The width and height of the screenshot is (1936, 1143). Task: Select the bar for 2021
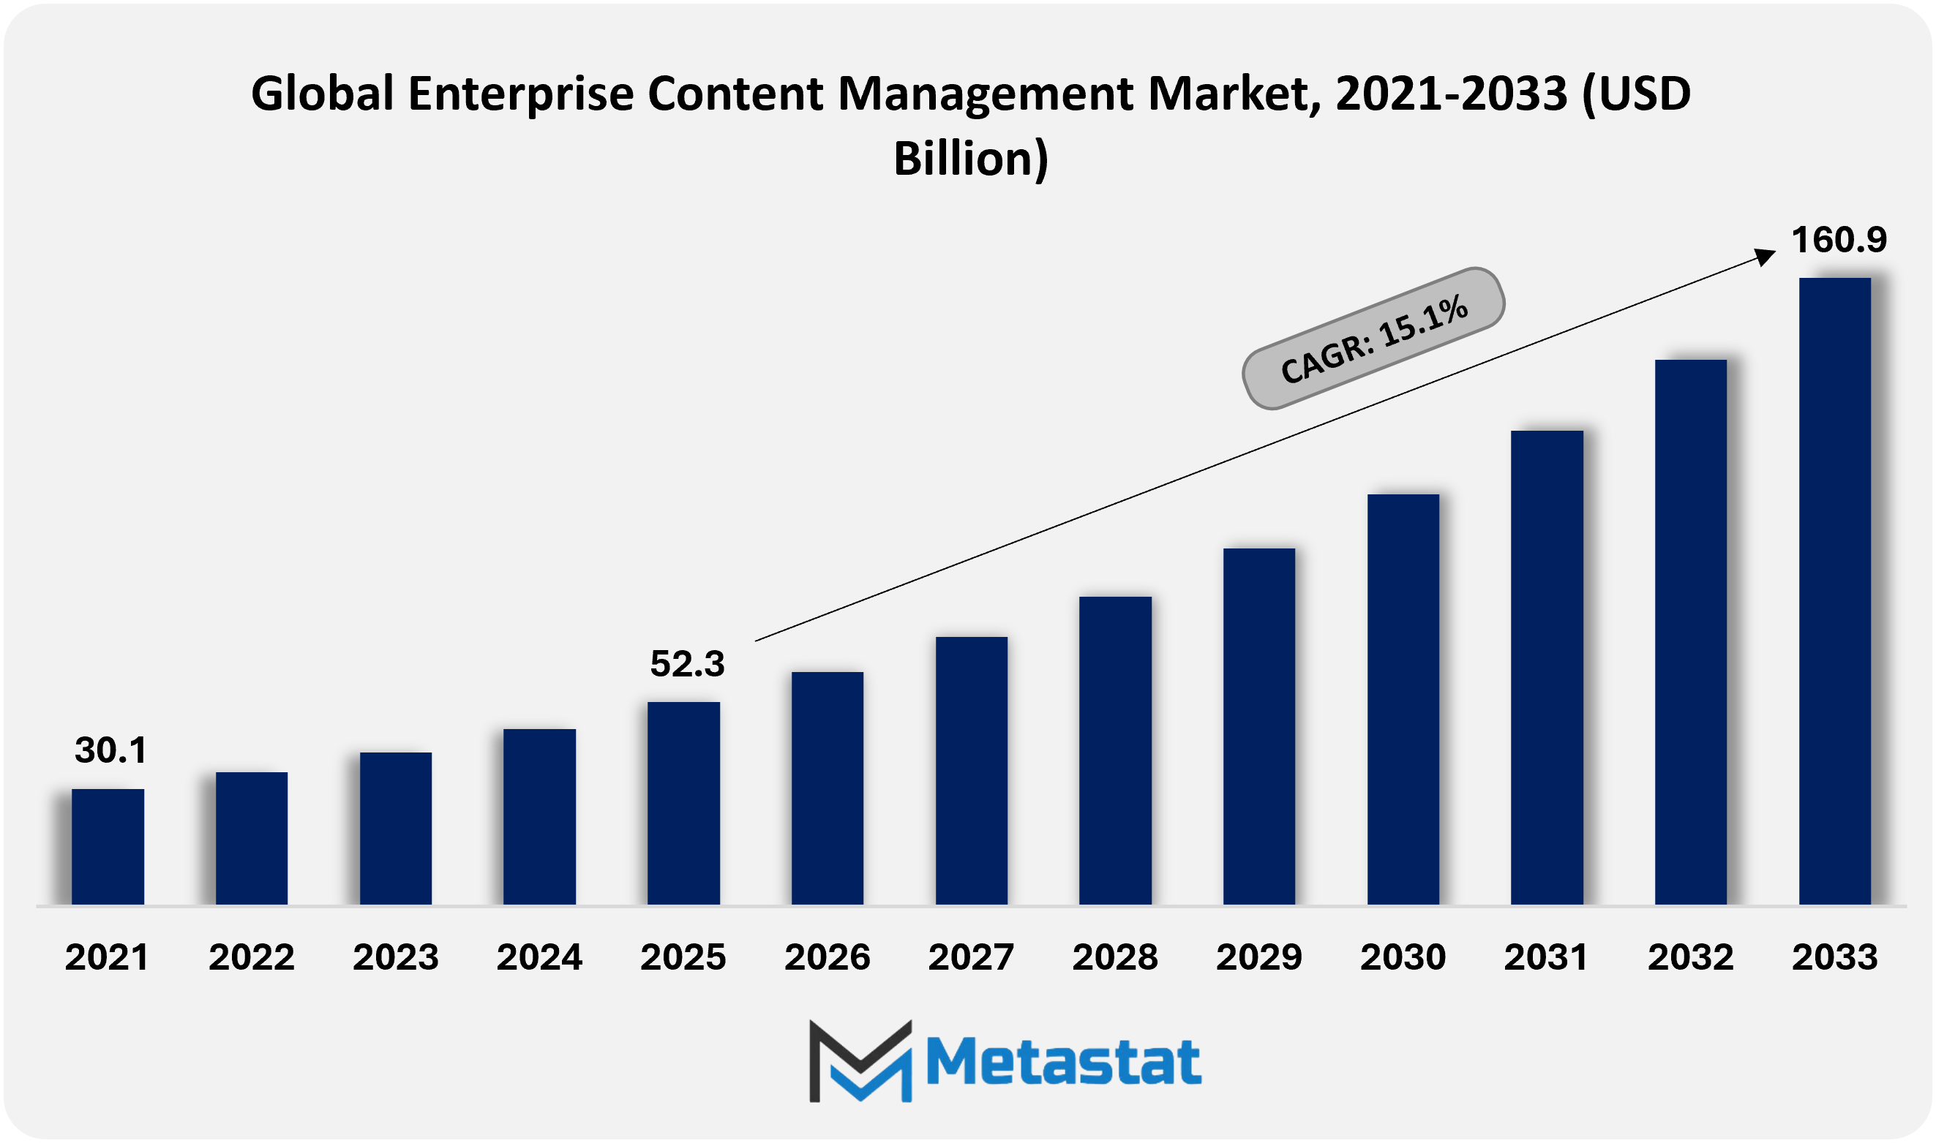point(108,847)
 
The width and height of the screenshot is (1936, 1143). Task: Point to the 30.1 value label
point(111,750)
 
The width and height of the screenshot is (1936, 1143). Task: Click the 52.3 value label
point(687,664)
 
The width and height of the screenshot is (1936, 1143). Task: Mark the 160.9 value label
point(1839,240)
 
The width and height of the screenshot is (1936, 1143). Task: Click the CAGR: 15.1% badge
point(1373,338)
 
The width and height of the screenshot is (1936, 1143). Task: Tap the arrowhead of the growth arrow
point(1765,256)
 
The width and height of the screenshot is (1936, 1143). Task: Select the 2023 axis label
point(395,957)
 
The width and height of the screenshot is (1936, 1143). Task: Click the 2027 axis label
point(971,957)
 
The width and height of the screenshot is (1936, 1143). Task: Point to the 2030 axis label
point(1403,957)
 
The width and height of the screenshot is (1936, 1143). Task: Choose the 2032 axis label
point(1690,957)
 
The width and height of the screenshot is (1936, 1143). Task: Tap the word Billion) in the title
point(971,158)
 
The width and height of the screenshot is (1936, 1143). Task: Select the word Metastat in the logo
point(1063,1062)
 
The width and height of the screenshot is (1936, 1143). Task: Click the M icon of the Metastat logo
point(860,1060)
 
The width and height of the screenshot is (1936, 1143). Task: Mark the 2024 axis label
point(539,957)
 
